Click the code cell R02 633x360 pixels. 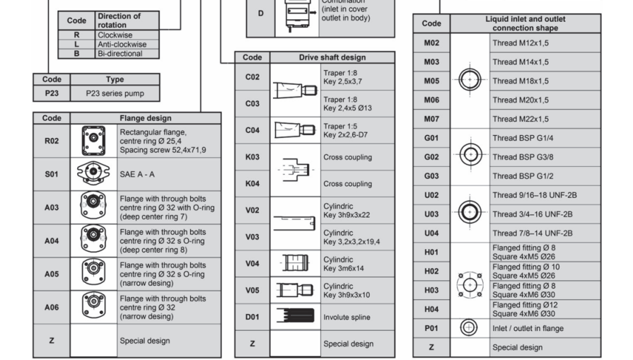click(x=51, y=141)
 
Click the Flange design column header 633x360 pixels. click(x=145, y=118)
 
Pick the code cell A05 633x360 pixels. click(x=51, y=274)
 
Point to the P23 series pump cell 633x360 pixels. click(x=114, y=93)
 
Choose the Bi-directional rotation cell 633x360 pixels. click(x=127, y=53)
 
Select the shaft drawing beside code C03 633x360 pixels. click(x=295, y=103)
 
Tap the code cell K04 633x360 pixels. click(x=252, y=184)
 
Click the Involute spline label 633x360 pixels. click(x=347, y=317)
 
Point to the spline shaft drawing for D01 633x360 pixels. click(x=295, y=317)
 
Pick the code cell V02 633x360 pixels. click(x=252, y=210)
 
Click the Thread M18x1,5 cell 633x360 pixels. click(x=520, y=81)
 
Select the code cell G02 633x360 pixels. click(x=431, y=157)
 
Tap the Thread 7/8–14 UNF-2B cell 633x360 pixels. click(x=532, y=233)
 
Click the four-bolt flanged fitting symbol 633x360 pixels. click(x=469, y=285)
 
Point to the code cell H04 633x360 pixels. click(x=431, y=309)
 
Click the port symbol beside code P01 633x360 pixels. click(x=469, y=327)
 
